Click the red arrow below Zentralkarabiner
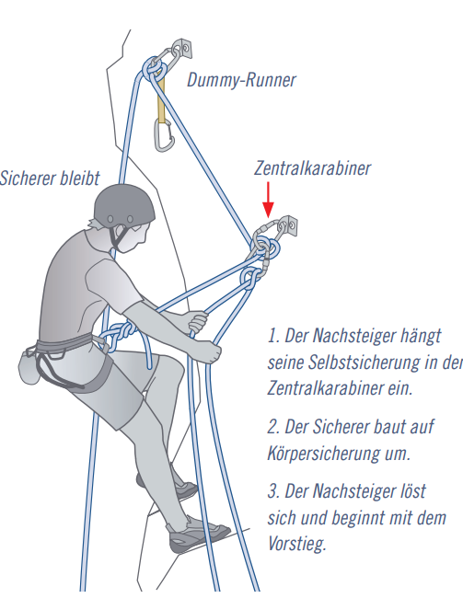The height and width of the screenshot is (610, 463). (x=268, y=199)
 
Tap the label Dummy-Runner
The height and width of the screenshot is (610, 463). (x=241, y=81)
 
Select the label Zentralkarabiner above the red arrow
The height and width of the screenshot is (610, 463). (x=312, y=168)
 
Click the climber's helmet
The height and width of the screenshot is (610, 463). (x=123, y=206)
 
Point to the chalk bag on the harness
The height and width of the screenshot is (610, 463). (x=29, y=366)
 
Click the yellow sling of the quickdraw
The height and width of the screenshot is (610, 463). (x=161, y=100)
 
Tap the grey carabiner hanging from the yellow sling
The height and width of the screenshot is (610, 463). (x=164, y=135)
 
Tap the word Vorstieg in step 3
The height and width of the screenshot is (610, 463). (x=297, y=544)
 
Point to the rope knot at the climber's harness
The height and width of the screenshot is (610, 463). (x=118, y=335)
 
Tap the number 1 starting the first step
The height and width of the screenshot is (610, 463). (x=272, y=336)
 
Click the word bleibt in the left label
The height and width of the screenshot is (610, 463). (x=80, y=178)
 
